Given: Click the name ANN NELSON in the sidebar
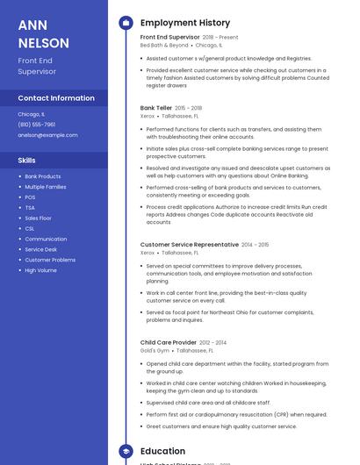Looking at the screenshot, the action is tap(44, 33).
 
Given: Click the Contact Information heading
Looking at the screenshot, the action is tap(56, 98).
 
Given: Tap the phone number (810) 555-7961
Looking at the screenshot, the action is tap(37, 125).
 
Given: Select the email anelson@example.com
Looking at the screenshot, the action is tap(47, 135).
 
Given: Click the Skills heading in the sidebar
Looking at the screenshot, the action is tap(27, 161).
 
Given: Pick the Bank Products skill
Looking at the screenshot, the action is tap(43, 176).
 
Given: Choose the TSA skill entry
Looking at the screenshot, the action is tap(31, 207).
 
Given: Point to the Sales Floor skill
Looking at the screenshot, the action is tap(38, 218).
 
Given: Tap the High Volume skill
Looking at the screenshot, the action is tap(40, 270).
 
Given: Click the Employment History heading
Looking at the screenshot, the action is tap(185, 23).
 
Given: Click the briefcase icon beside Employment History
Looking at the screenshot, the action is tap(126, 23).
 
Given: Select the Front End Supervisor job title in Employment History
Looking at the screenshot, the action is tap(169, 38).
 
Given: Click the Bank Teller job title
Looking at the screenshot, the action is tap(157, 108).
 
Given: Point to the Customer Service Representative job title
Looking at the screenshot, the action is tap(189, 245).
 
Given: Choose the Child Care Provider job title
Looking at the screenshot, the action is tap(168, 342).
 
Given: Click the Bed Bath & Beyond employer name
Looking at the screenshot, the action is tap(164, 46).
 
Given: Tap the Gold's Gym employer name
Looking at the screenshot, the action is tap(155, 350).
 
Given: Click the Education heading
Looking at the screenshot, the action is tap(162, 451).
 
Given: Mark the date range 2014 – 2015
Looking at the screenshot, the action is tap(256, 245).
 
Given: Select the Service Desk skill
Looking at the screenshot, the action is tap(40, 249).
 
